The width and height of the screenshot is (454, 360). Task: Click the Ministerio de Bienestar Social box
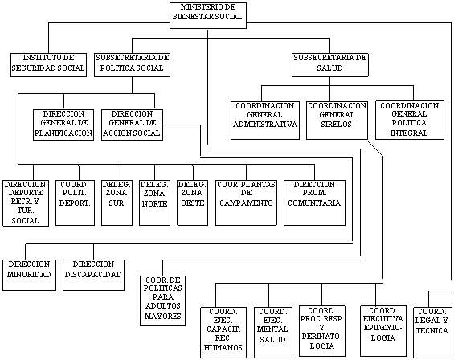(x=208, y=15)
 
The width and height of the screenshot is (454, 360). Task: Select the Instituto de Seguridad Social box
(x=48, y=65)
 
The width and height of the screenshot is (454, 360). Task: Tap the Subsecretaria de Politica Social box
(x=132, y=65)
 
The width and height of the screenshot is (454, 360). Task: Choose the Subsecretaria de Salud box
(x=329, y=65)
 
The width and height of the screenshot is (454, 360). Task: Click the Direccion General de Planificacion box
(x=63, y=125)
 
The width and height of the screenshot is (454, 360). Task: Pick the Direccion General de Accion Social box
(x=132, y=125)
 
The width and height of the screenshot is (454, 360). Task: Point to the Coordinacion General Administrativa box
(x=265, y=121)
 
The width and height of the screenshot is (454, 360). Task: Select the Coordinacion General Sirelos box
(x=337, y=121)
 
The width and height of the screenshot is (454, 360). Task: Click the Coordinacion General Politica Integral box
(x=410, y=121)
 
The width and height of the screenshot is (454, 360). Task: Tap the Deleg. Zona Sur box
(x=117, y=202)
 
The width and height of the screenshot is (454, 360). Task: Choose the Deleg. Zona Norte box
(x=154, y=202)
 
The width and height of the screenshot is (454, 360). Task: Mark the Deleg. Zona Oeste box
(x=192, y=202)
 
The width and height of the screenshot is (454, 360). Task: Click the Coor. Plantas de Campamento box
(x=246, y=202)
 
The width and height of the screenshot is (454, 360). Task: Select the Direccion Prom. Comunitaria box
(x=314, y=202)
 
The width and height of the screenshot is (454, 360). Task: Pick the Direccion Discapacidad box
(x=93, y=275)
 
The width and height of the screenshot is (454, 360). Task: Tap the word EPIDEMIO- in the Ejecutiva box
(x=382, y=328)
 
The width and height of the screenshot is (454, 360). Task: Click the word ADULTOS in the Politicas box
(x=163, y=306)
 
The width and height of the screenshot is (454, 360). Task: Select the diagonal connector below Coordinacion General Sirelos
(x=375, y=149)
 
